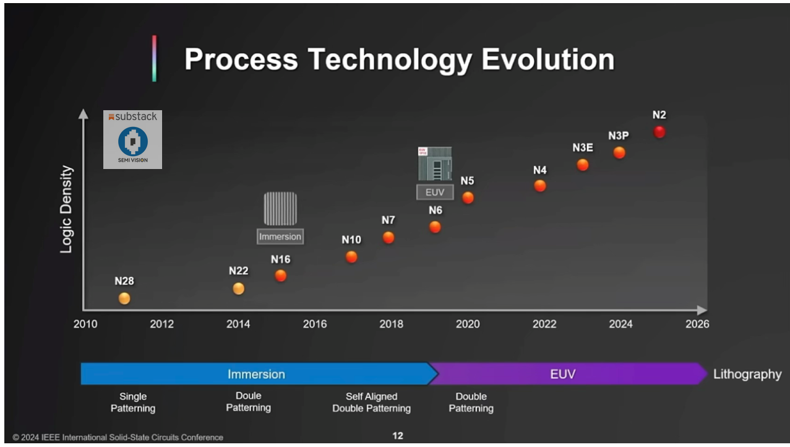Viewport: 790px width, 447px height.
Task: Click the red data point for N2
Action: (659, 132)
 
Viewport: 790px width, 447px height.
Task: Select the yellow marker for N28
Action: (124, 298)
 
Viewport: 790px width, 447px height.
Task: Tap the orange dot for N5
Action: (468, 197)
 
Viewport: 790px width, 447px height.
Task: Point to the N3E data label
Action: (582, 148)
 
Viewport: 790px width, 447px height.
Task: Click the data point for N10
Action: (351, 257)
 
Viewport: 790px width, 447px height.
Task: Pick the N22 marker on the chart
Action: (238, 289)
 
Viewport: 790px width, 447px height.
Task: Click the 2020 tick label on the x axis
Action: (468, 324)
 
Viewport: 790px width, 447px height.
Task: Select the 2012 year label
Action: (161, 324)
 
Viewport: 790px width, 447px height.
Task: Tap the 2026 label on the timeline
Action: (697, 324)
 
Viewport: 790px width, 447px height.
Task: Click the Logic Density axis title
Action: (66, 209)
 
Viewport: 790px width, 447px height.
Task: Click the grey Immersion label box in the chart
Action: (280, 237)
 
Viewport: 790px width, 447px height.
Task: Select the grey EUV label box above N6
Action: (434, 193)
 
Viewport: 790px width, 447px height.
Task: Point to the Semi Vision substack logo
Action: (132, 140)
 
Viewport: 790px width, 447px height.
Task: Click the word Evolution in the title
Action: (547, 60)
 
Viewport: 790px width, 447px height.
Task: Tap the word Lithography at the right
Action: (747, 374)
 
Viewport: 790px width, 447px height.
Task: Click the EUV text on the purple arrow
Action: (562, 374)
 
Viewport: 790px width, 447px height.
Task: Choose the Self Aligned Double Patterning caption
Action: (371, 402)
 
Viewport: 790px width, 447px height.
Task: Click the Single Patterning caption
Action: (133, 402)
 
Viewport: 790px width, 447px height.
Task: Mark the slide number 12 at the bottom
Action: (398, 436)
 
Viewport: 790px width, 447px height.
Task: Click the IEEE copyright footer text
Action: (118, 438)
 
